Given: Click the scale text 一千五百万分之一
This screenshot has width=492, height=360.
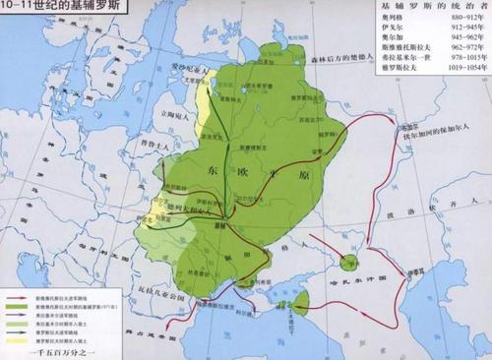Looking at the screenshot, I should click(49, 351).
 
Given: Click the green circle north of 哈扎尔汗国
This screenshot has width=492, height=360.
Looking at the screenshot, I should click(350, 262).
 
